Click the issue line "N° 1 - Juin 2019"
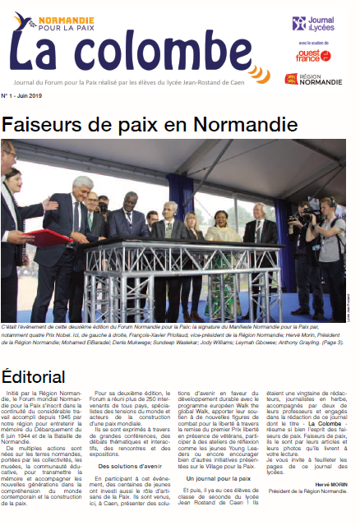22,95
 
